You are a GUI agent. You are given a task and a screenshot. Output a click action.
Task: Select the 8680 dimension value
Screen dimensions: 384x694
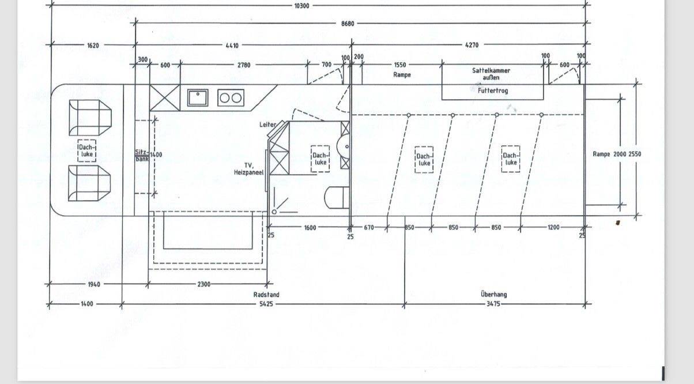pyautogui.click(x=347, y=24)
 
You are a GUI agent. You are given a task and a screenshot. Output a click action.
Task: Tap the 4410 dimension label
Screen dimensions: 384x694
pyautogui.click(x=232, y=45)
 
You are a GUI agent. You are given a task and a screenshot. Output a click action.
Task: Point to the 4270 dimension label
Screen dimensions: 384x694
pyautogui.click(x=472, y=45)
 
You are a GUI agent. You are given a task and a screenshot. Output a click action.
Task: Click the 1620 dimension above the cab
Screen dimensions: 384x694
pyautogui.click(x=93, y=45)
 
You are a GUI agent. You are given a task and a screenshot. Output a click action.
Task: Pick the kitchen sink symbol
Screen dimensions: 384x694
pyautogui.click(x=198, y=97)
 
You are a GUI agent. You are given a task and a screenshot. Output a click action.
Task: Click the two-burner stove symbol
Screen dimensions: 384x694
pyautogui.click(x=231, y=98)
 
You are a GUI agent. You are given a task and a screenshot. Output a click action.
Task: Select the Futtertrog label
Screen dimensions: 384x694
pyautogui.click(x=493, y=91)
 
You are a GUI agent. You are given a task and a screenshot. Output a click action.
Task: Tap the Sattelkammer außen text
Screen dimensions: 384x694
pyautogui.click(x=491, y=74)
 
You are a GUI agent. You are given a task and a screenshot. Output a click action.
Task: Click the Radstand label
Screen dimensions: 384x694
pyautogui.click(x=266, y=295)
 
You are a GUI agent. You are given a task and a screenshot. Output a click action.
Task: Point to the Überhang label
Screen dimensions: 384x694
pyautogui.click(x=494, y=295)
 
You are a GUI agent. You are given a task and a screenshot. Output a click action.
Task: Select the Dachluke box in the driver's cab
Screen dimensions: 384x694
pyautogui.click(x=87, y=151)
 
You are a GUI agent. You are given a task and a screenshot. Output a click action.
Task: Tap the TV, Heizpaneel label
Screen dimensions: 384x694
pyautogui.click(x=248, y=168)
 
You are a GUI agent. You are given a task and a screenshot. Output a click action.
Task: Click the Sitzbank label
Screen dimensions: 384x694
pyautogui.click(x=141, y=156)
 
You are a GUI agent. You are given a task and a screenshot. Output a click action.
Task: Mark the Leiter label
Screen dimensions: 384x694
pyautogui.click(x=267, y=125)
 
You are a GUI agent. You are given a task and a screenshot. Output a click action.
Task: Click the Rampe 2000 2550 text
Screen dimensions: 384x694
pyautogui.click(x=617, y=155)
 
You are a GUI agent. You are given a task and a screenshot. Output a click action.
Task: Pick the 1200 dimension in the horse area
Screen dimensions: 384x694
pyautogui.click(x=553, y=227)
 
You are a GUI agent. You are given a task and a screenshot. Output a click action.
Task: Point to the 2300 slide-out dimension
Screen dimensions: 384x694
pyautogui.click(x=203, y=284)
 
